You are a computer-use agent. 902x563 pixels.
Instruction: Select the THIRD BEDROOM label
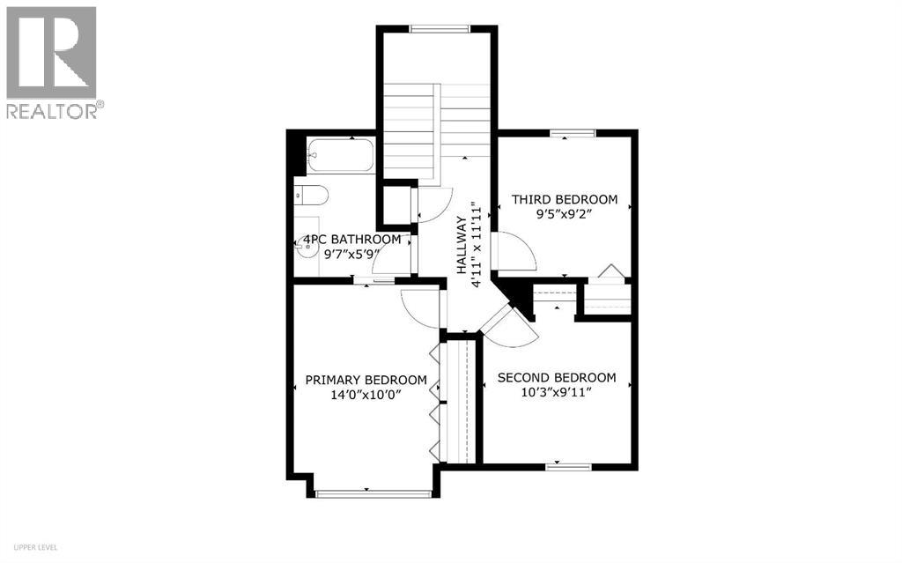565,200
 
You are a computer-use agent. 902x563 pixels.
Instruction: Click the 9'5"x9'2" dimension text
565,214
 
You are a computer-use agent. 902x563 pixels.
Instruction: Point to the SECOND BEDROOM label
557,378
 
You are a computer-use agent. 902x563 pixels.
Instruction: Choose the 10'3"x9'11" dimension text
557,393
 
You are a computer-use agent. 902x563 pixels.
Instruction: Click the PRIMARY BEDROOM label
366,381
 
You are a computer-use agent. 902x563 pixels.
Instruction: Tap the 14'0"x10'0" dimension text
366,395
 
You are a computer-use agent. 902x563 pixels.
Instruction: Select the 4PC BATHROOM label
351,240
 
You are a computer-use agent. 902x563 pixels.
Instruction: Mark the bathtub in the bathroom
340,157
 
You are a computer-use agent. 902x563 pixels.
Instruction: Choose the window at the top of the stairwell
439,29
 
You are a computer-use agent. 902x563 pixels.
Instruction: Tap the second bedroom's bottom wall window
561,465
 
